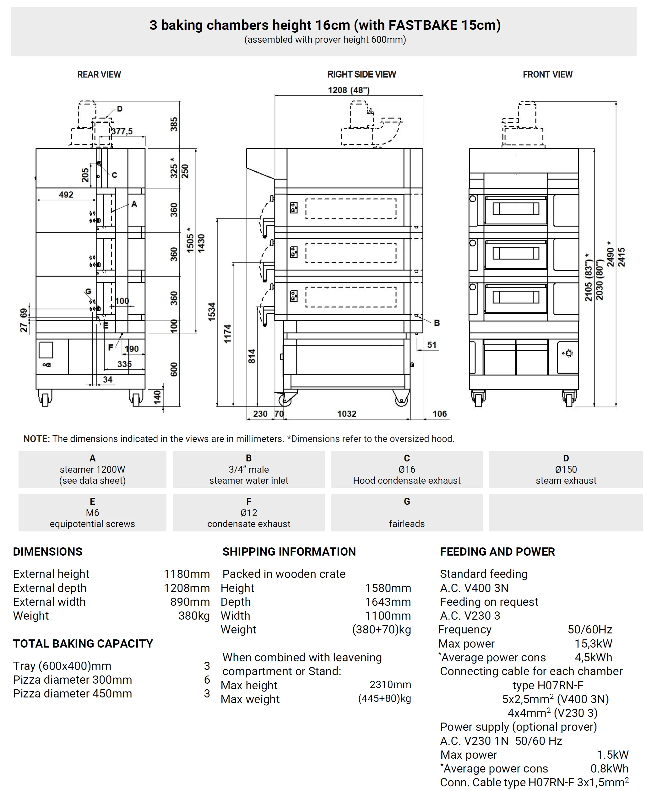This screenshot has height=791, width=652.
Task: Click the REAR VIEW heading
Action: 99,74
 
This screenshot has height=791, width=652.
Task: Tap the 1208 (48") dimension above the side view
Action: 349,90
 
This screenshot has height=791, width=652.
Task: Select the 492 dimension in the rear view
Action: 66,195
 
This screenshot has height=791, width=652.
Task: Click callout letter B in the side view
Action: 437,323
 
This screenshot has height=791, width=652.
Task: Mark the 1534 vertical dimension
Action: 212,312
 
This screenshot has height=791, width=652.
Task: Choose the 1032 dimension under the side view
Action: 346,414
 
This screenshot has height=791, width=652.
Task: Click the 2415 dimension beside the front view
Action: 622,257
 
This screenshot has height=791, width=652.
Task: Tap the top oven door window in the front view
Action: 516,209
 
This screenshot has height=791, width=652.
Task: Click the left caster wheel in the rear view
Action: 45,399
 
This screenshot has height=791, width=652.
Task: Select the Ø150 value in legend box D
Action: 566,469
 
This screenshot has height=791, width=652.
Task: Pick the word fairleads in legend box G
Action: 407,524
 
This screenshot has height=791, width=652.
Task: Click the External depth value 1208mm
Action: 187,588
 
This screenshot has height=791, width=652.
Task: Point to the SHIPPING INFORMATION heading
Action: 289,552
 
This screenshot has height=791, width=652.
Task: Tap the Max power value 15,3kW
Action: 593,643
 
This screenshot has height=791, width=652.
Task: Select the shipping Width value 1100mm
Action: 388,616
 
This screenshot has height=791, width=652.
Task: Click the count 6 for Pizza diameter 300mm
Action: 207,680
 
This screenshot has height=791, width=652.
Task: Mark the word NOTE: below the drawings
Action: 36,439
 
